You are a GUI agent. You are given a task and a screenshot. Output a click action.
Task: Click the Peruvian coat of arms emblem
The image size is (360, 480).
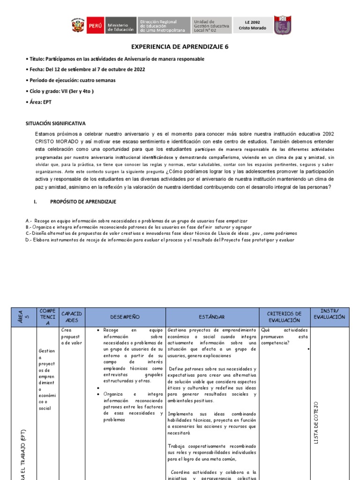[x=78, y=26]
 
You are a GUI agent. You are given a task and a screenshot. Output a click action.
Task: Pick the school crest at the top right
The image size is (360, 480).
[x=282, y=25]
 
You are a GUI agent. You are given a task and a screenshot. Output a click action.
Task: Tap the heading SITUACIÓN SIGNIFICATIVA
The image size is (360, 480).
[x=55, y=124]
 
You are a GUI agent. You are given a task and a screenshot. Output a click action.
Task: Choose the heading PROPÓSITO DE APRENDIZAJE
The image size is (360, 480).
[x=83, y=202]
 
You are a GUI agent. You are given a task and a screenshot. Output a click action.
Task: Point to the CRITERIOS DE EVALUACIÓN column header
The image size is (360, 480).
[x=284, y=317]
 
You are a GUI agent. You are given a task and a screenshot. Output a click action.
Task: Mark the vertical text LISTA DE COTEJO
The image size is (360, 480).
[x=316, y=422]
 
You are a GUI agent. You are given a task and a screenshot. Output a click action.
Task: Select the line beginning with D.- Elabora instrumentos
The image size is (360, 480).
[x=160, y=240]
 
